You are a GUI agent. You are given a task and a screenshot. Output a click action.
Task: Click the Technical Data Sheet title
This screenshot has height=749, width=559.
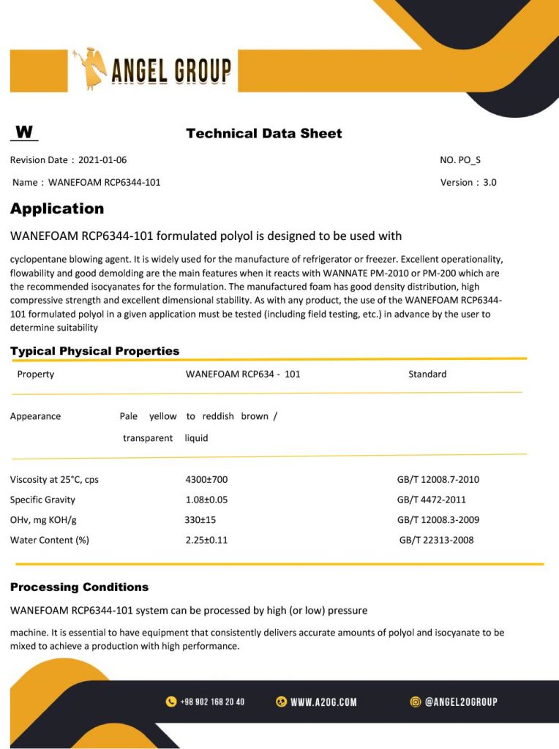264,133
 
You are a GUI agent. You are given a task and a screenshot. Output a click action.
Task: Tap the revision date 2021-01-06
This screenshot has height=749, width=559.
102,160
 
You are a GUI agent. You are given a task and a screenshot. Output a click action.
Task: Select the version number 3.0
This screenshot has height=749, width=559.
489,182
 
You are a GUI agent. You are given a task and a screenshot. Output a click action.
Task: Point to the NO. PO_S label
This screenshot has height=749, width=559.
460,160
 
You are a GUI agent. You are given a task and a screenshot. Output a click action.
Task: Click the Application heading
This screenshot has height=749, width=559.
57,208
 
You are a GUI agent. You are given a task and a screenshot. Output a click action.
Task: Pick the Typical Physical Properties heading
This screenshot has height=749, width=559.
94,351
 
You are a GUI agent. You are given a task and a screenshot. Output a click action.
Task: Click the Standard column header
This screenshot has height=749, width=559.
427,374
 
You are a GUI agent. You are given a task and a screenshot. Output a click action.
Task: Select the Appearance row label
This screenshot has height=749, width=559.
35,416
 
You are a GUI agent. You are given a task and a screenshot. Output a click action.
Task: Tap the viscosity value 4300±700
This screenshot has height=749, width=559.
206,480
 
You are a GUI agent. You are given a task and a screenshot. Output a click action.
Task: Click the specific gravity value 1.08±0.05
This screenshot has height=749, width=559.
206,500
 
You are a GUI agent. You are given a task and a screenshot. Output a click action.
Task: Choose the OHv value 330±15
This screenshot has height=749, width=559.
200,520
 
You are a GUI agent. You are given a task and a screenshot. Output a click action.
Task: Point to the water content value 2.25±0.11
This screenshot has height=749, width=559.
206,540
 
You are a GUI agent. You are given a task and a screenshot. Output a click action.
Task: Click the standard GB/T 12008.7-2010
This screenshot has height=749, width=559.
438,480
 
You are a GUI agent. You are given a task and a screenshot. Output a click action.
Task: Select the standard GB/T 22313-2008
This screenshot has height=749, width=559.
436,540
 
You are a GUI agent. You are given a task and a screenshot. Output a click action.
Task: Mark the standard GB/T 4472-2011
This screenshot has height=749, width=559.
431,500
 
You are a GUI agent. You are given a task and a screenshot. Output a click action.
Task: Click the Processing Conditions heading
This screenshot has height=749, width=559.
79,587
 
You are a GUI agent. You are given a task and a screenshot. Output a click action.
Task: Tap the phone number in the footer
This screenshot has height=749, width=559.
212,702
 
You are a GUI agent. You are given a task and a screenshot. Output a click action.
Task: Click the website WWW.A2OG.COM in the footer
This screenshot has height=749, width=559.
323,702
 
